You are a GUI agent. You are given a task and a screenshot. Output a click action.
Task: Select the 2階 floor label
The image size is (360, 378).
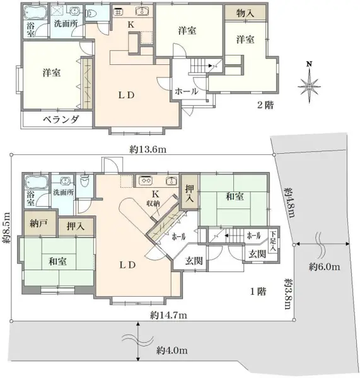pos(265,105)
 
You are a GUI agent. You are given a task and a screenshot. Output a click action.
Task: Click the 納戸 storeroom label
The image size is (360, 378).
pos(37,224)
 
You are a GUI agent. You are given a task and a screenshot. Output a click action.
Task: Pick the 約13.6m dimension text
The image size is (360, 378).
pos(147,149)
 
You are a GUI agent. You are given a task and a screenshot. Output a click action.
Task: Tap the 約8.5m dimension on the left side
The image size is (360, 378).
pos(7,229)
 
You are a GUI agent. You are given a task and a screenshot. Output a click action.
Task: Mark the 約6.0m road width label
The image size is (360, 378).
pos(324,267)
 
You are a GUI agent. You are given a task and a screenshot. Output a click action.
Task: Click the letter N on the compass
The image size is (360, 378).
pos(308,64)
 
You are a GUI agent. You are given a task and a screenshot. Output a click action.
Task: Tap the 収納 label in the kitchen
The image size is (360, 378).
pos(154,203)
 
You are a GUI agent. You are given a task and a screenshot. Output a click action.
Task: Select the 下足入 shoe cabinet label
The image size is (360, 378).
pos(272,240)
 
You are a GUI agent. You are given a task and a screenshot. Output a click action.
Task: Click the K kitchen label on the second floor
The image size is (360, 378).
pos(131,24)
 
